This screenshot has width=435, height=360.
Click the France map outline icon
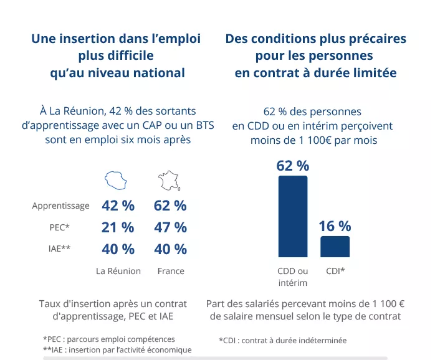click(x=170, y=181)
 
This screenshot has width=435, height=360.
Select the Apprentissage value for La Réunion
click(x=118, y=206)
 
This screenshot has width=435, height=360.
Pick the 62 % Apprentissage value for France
click(x=170, y=206)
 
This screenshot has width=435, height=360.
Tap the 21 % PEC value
click(x=118, y=227)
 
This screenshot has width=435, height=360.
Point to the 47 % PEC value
click(x=170, y=227)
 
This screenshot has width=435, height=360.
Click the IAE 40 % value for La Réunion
click(x=118, y=249)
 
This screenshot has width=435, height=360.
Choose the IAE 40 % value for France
click(x=170, y=249)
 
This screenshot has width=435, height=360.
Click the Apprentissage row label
click(x=61, y=206)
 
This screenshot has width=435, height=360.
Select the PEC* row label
click(x=59, y=227)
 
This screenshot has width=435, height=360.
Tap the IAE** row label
click(x=59, y=249)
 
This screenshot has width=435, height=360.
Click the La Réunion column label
click(x=118, y=271)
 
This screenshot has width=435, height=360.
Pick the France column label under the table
click(x=171, y=271)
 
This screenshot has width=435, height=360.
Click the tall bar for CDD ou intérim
click(x=292, y=216)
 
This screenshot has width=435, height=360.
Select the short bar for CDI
click(x=335, y=247)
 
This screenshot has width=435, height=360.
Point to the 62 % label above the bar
click(x=292, y=166)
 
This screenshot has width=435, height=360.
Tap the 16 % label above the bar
click(x=335, y=226)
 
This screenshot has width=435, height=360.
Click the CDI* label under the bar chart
click(x=335, y=271)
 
